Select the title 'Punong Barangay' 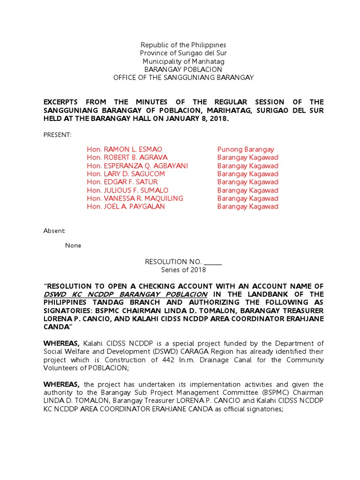point(246,149)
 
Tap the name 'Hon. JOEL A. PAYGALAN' point(126,206)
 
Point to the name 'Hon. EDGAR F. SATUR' point(122,182)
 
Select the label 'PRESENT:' point(58,135)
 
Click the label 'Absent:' point(55,231)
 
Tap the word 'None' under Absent point(73,245)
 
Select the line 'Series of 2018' point(183,270)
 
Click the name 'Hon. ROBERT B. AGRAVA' point(120,157)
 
